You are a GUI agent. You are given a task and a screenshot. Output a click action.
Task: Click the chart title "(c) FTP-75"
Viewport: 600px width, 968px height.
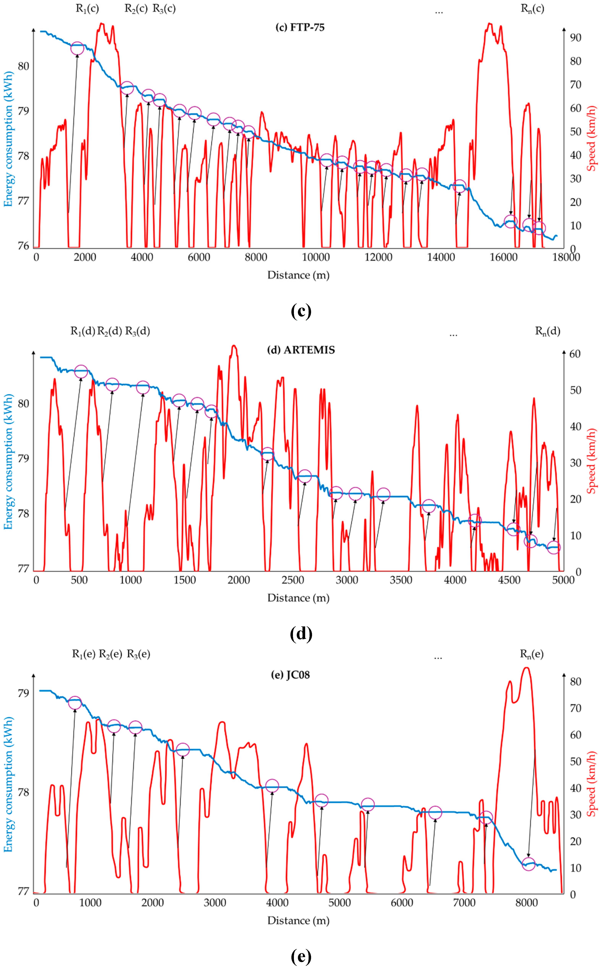pyautogui.click(x=300, y=27)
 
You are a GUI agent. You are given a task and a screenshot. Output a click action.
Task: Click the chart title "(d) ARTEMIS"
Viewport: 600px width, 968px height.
pyautogui.click(x=301, y=350)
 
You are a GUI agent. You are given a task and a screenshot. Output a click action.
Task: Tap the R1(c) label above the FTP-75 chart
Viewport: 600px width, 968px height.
pyautogui.click(x=87, y=9)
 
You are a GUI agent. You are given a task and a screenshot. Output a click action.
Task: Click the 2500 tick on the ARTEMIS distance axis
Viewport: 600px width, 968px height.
pyautogui.click(x=293, y=580)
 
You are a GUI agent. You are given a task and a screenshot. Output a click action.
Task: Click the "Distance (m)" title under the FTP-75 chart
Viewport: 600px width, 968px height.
pyautogui.click(x=298, y=275)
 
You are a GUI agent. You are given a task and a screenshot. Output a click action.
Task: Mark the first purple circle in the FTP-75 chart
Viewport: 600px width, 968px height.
pyautogui.click(x=77, y=48)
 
